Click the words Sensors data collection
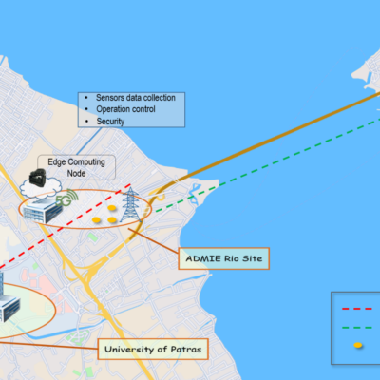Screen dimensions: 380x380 (x=136, y=98)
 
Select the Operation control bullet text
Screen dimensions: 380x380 (x=125, y=109)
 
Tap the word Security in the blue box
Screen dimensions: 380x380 (x=110, y=122)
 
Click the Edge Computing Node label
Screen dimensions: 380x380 (x=76, y=167)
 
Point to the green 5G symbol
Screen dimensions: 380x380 (x=66, y=199)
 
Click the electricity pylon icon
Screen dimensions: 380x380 (x=130, y=204)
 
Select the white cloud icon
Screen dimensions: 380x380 (x=40, y=188)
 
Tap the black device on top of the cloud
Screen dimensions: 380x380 (x=37, y=178)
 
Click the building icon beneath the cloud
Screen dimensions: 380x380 (x=43, y=211)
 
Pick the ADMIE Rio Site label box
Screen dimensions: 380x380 (x=224, y=258)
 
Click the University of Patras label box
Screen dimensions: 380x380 (x=153, y=350)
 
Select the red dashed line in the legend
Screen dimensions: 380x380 (x=357, y=309)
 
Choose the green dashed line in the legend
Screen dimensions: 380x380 (x=357, y=328)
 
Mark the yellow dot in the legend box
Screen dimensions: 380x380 (x=358, y=345)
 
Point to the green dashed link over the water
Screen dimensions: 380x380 (x=268, y=165)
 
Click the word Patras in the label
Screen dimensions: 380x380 (x=186, y=350)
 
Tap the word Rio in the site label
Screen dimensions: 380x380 (x=232, y=258)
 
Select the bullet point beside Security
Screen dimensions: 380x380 (x=86, y=121)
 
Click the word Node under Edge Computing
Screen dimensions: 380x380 (x=76, y=173)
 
